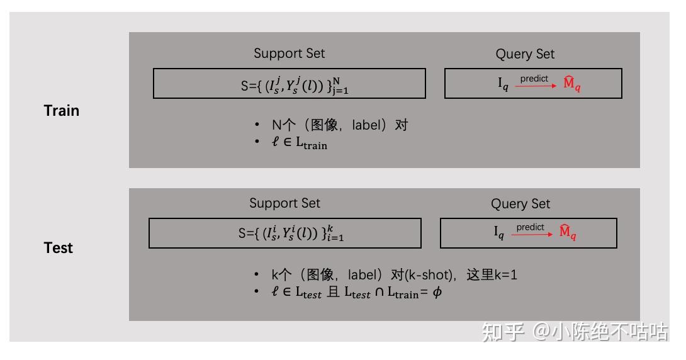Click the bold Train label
coord(62,111)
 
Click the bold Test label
coord(59,248)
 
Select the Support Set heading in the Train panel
coord(290,53)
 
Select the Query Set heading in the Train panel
coord(525,54)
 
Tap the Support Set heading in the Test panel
coord(284,203)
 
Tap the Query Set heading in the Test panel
coord(520,204)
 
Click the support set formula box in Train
coord(290,84)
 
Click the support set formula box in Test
coord(284,233)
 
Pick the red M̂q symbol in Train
coord(571,84)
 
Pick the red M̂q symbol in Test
coord(567,233)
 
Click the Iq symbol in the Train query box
coord(503,84)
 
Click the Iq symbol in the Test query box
coord(498,233)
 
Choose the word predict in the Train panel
coord(534,79)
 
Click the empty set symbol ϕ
coord(437,293)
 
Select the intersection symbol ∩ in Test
coord(379,293)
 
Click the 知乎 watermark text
coord(503,332)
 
